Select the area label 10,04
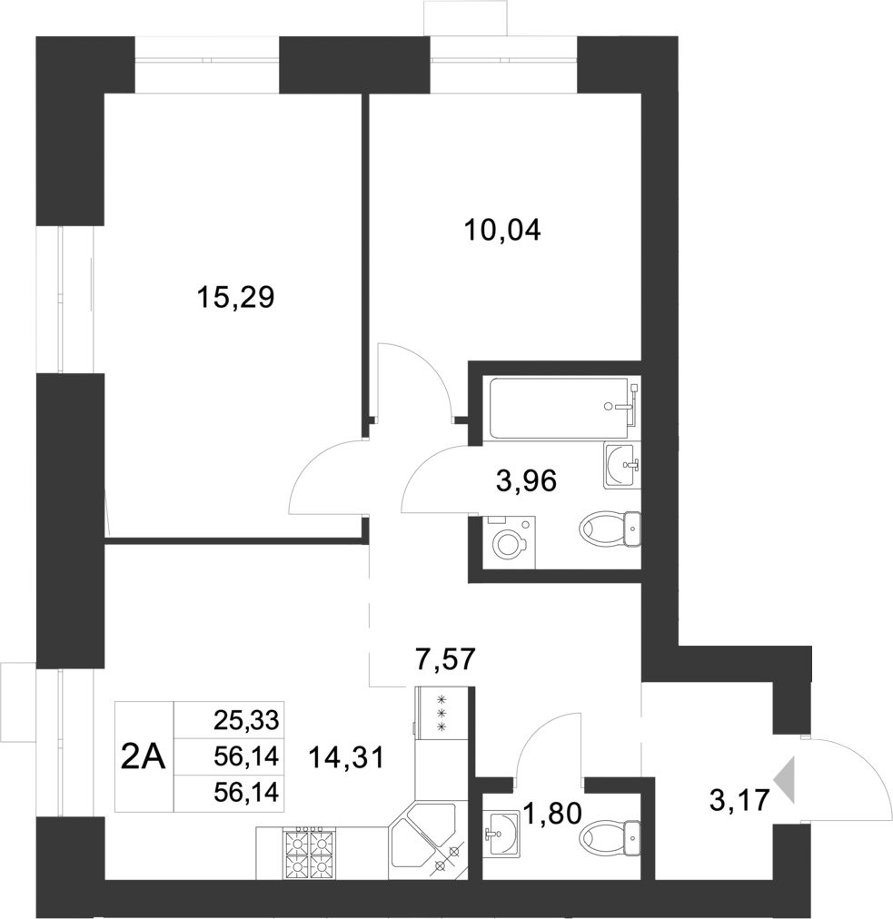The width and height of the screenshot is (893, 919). (x=502, y=231)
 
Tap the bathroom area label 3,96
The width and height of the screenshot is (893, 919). (x=526, y=479)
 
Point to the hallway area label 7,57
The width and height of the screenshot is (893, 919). (x=445, y=658)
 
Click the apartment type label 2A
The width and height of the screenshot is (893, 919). (x=144, y=756)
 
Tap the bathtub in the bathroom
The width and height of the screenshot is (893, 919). (x=559, y=407)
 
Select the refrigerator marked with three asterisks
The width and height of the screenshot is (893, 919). (x=442, y=714)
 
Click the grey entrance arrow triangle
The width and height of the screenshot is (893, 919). (x=784, y=779)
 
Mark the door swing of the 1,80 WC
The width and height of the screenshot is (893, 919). (x=548, y=745)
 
